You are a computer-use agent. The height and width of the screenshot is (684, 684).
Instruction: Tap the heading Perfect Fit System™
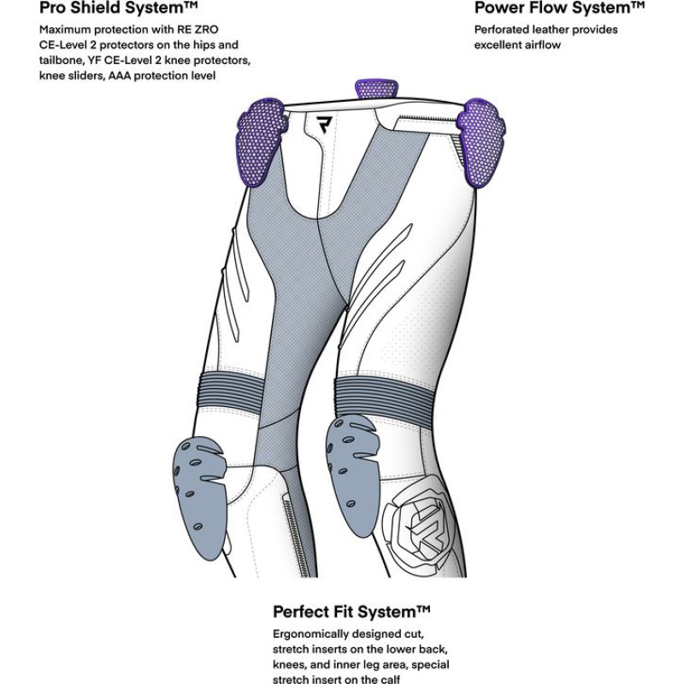tap(351, 612)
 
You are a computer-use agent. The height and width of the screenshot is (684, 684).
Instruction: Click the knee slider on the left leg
tap(198, 483)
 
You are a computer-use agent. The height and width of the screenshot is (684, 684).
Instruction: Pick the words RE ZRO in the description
tap(201, 30)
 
